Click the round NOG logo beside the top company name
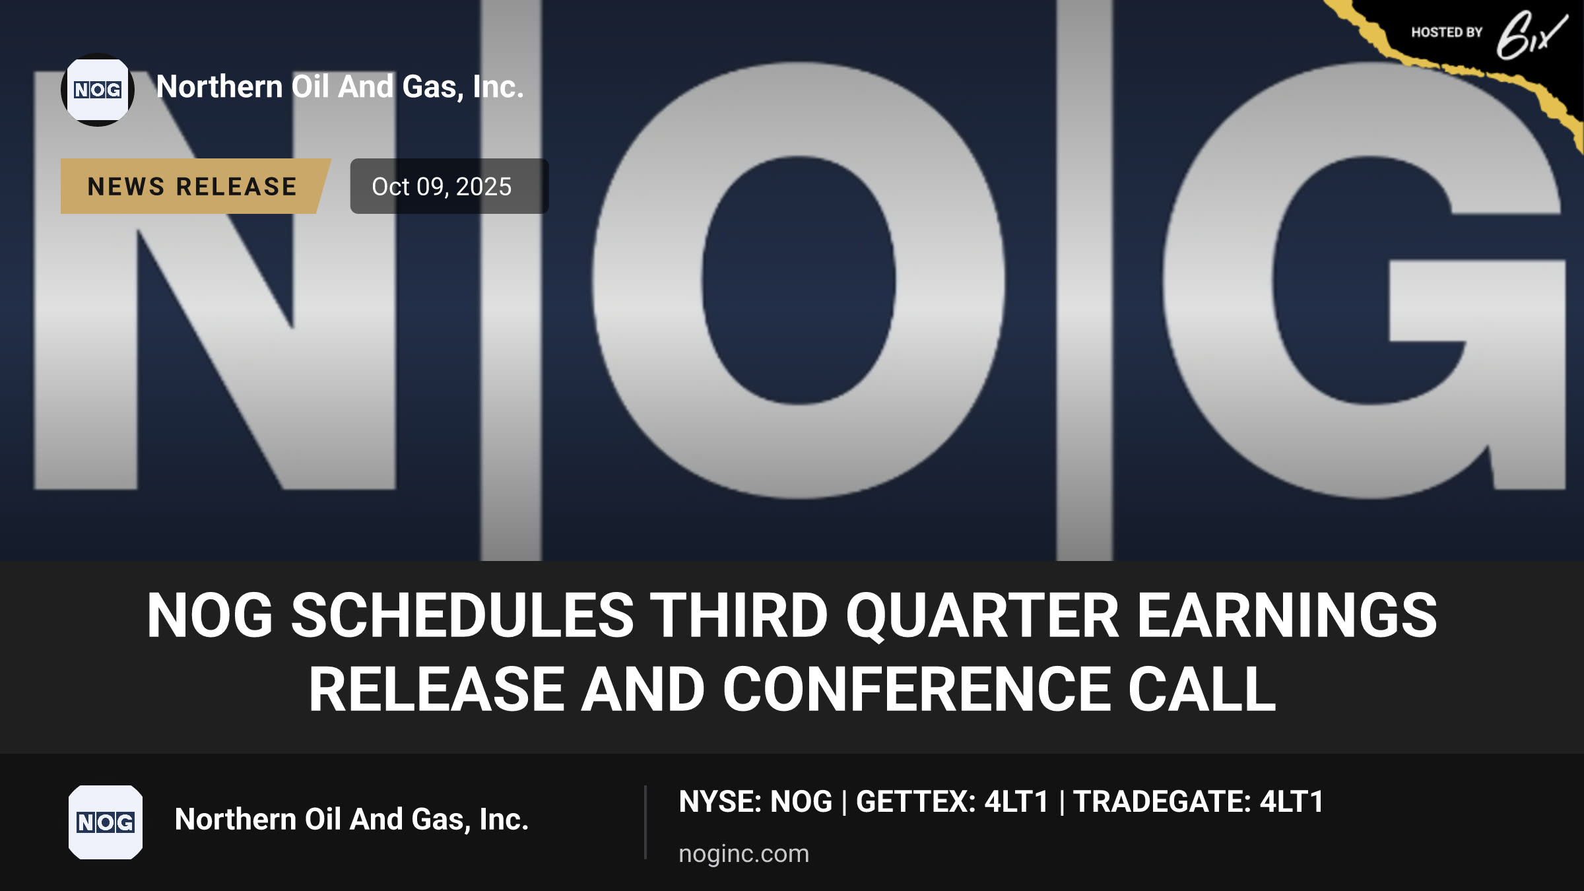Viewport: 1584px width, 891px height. (98, 90)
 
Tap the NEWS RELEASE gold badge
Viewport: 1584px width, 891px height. (195, 186)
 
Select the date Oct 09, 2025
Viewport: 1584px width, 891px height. (442, 187)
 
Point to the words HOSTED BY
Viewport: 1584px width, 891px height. (1447, 32)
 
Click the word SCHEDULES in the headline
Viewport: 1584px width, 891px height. (462, 615)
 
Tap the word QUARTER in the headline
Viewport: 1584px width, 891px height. (983, 616)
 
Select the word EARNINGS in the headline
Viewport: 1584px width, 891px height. (1287, 615)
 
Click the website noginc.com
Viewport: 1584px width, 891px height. (744, 854)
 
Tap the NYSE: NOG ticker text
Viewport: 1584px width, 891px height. (756, 802)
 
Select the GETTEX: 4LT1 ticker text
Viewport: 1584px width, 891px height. (952, 802)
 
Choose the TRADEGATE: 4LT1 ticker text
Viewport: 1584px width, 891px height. (1199, 802)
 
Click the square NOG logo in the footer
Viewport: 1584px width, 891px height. (106, 822)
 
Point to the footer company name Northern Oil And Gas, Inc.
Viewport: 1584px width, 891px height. (352, 820)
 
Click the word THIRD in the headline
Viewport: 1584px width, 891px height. (740, 615)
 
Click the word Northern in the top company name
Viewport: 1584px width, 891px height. (220, 86)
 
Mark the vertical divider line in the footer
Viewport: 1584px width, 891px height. (645, 822)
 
